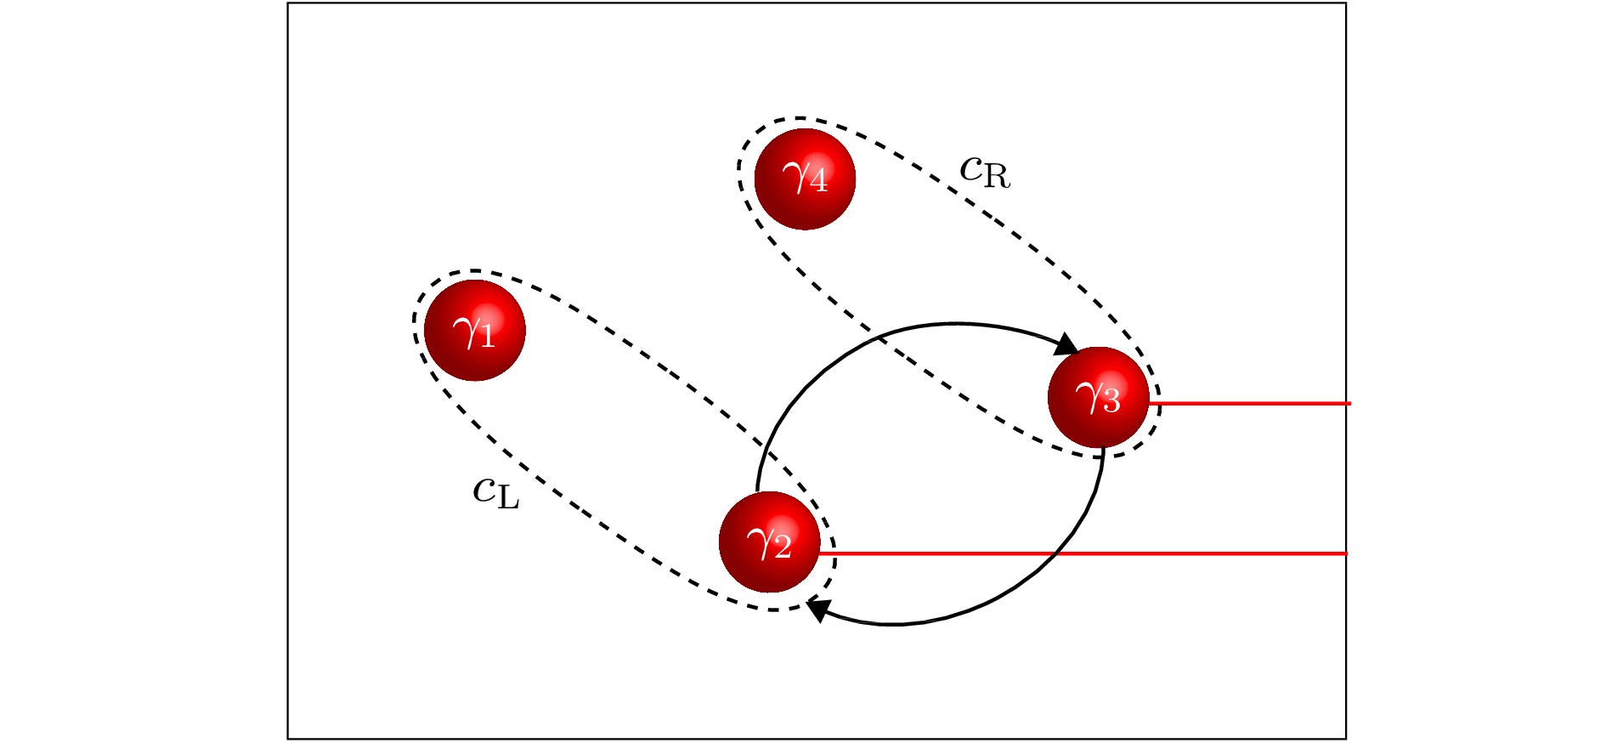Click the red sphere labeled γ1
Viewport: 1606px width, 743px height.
[475, 331]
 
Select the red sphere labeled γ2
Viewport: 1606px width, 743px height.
[770, 542]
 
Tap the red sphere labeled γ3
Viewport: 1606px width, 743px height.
[1099, 398]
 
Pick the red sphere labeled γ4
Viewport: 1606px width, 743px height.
[805, 179]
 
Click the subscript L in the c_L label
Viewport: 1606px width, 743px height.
[508, 498]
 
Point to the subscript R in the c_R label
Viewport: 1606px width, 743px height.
[998, 176]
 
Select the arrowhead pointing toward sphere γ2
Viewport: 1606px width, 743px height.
[819, 609]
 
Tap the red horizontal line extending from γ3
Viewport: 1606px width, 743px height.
[1250, 403]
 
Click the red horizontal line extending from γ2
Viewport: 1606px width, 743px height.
[1084, 553]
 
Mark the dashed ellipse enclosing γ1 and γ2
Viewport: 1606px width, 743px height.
[625, 440]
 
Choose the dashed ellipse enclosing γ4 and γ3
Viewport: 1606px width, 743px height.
[947, 287]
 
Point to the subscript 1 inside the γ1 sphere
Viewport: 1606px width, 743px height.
[487, 337]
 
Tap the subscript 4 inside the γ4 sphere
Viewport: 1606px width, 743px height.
[817, 183]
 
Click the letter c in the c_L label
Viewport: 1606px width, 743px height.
[484, 490]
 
